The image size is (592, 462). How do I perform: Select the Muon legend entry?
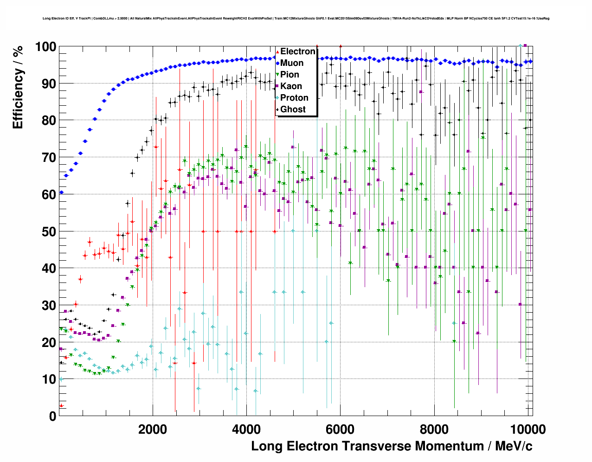[x=292, y=63]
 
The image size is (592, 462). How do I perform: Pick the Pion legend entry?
[x=290, y=75]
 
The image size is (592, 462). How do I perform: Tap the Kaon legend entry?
[x=291, y=86]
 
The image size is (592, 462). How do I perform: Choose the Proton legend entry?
[x=294, y=98]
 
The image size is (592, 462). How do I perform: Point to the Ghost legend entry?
[x=293, y=109]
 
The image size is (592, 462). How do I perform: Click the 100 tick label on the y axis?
[x=45, y=47]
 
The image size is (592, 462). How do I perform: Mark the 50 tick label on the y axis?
[x=49, y=231]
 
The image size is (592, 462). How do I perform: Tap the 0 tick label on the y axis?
[x=52, y=416]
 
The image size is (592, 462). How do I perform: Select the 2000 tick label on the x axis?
[x=153, y=429]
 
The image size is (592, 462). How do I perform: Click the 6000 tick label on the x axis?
[x=340, y=429]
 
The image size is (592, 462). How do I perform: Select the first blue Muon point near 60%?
[x=61, y=192]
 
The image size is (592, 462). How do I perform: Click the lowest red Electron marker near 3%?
[x=61, y=405]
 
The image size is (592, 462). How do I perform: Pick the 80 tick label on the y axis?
[x=49, y=121]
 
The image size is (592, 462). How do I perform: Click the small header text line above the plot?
[x=296, y=19]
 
